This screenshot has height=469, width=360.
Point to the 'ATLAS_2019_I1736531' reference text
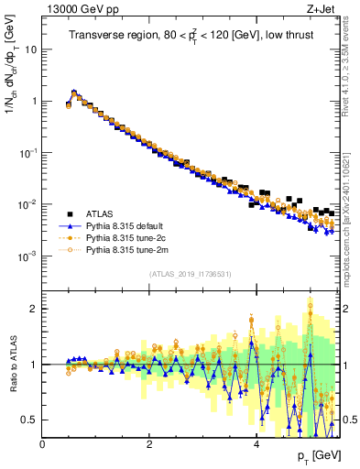[190, 274]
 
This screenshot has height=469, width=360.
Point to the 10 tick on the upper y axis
[30, 50]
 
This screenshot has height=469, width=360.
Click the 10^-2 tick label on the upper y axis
[28, 205]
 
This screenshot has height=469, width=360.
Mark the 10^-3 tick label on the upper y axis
[28, 256]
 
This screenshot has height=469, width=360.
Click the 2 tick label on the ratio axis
[34, 309]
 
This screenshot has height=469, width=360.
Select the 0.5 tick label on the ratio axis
[30, 420]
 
